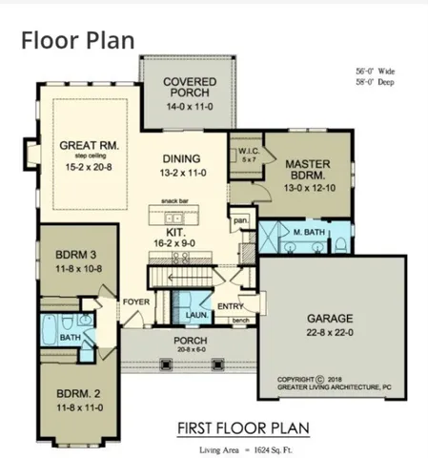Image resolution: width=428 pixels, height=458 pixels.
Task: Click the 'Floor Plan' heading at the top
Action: tap(77, 40)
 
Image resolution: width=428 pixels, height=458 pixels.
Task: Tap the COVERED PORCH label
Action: tap(189, 87)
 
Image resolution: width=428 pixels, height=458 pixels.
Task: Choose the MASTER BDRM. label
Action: tap(307, 169)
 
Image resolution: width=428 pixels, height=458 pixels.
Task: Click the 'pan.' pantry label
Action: tap(241, 220)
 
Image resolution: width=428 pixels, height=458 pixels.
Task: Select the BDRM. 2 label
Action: tap(73, 393)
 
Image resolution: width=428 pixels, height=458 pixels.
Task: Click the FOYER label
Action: tap(132, 303)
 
